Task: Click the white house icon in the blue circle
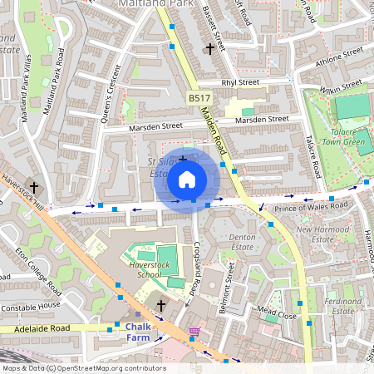point(187,179)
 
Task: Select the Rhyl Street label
point(240,82)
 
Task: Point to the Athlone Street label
point(341,58)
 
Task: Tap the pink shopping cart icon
point(194,332)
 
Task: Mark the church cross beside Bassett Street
point(209,49)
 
